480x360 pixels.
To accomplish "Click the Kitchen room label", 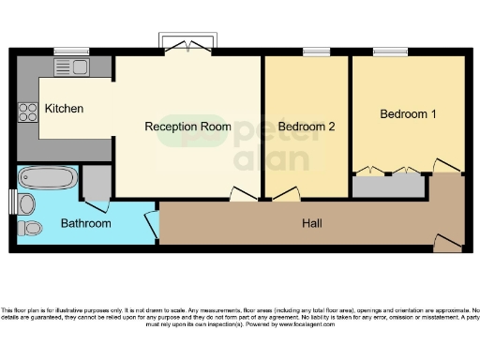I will (x=64, y=109).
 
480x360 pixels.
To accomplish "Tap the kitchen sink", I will (x=69, y=67).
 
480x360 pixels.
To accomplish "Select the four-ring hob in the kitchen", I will (x=26, y=112).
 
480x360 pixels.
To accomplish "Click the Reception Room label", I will (x=187, y=126).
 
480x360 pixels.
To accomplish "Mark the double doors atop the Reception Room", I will (x=190, y=43).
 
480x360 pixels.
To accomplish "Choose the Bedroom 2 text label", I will (x=307, y=126).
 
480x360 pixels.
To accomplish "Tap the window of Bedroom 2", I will (x=313, y=51).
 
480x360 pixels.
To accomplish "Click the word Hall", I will (x=312, y=223).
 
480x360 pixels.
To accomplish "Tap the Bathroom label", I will (x=85, y=223).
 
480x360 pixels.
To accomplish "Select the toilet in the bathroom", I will (x=30, y=228).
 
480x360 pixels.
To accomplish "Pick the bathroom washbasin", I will (x=26, y=203).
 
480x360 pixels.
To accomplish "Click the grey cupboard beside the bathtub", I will (x=95, y=183).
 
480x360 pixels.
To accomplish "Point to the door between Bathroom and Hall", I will (x=151, y=225).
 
